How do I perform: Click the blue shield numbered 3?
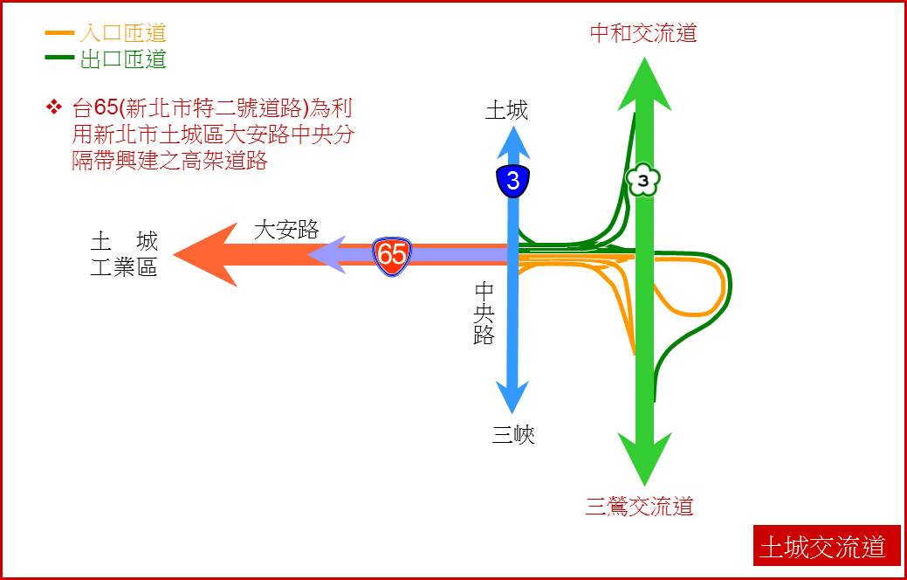tap(513, 181)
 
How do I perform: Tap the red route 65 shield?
tap(392, 254)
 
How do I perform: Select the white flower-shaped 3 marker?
tap(643, 181)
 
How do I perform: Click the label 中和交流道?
tap(643, 32)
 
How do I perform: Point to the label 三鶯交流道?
tap(639, 507)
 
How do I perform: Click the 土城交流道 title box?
tap(827, 546)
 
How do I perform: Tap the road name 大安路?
tap(286, 230)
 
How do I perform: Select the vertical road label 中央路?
tap(484, 314)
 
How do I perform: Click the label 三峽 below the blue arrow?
tap(513, 435)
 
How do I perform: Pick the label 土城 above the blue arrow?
tap(506, 110)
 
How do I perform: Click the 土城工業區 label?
tap(124, 254)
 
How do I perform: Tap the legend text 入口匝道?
tap(122, 32)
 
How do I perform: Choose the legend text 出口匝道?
tap(122, 59)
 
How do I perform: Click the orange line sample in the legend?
tap(59, 32)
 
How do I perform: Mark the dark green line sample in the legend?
tap(59, 57)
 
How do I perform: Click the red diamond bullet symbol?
tap(54, 107)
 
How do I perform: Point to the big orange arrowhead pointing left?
tap(206, 255)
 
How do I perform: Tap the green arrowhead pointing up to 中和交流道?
tap(644, 84)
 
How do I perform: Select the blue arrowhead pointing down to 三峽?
tap(512, 397)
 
